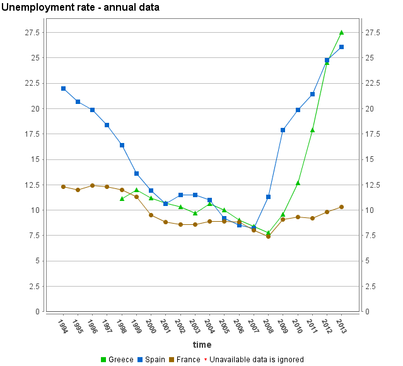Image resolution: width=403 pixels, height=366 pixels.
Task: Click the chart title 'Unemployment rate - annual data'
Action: point(80,8)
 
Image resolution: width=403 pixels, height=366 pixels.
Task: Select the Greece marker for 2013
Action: point(341,32)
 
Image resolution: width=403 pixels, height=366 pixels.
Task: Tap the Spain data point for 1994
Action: point(63,88)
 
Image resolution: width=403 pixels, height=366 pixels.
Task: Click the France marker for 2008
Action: point(268,236)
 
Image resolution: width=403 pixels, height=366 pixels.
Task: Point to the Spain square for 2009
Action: point(283,130)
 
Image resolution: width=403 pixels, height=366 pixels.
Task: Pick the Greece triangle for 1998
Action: point(122,198)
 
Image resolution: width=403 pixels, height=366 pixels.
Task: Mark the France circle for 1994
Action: point(63,186)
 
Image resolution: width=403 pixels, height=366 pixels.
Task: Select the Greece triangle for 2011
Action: point(312,130)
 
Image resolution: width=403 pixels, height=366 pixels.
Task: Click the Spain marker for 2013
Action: point(341,47)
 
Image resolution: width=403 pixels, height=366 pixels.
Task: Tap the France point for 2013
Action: point(341,207)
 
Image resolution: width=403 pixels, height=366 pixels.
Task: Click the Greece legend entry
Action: point(117,360)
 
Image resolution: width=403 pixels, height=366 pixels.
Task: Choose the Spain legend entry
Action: point(151,360)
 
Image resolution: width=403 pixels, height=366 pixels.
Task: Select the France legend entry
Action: point(184,360)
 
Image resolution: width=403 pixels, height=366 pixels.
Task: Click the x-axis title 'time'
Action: point(202,345)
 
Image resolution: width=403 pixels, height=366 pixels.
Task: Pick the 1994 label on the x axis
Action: point(62,326)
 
